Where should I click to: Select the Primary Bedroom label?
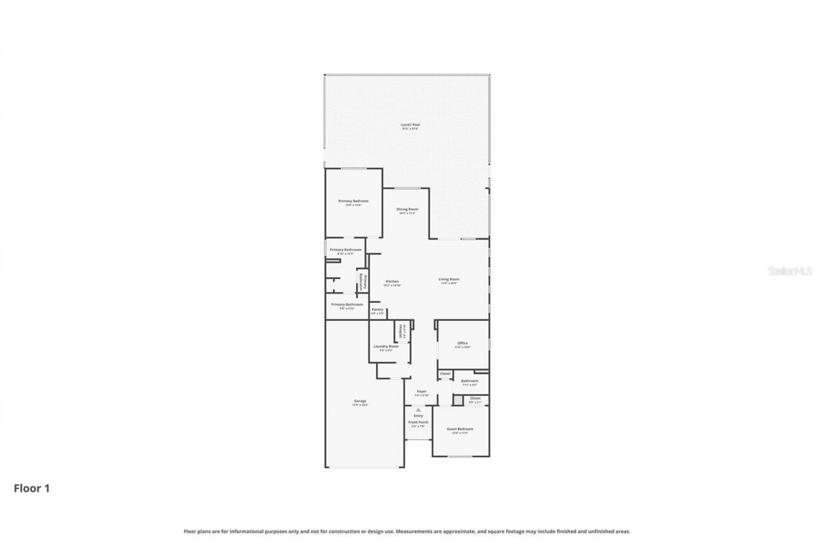353,201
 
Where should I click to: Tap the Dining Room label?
407,209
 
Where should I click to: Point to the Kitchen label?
392,281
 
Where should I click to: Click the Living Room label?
449,279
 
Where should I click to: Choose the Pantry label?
377,309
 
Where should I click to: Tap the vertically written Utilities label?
401,331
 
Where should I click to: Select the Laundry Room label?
386,346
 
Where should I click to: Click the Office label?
462,343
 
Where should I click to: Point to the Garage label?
360,401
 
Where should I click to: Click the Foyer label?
422,391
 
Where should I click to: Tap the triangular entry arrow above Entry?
418,410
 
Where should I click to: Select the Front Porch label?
418,422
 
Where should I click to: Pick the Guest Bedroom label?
460,429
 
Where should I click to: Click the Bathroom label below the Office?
469,381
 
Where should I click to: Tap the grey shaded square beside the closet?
457,400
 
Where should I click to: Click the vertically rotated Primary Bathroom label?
361,282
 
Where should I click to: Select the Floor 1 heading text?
32,488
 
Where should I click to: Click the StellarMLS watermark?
790,271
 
